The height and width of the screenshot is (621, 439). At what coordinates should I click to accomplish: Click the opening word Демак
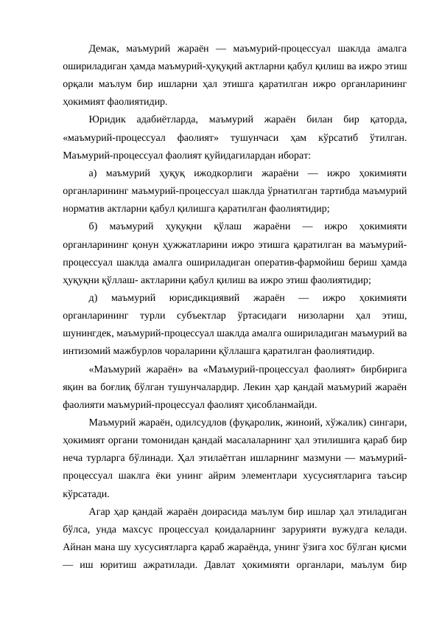pyautogui.click(x=102, y=49)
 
